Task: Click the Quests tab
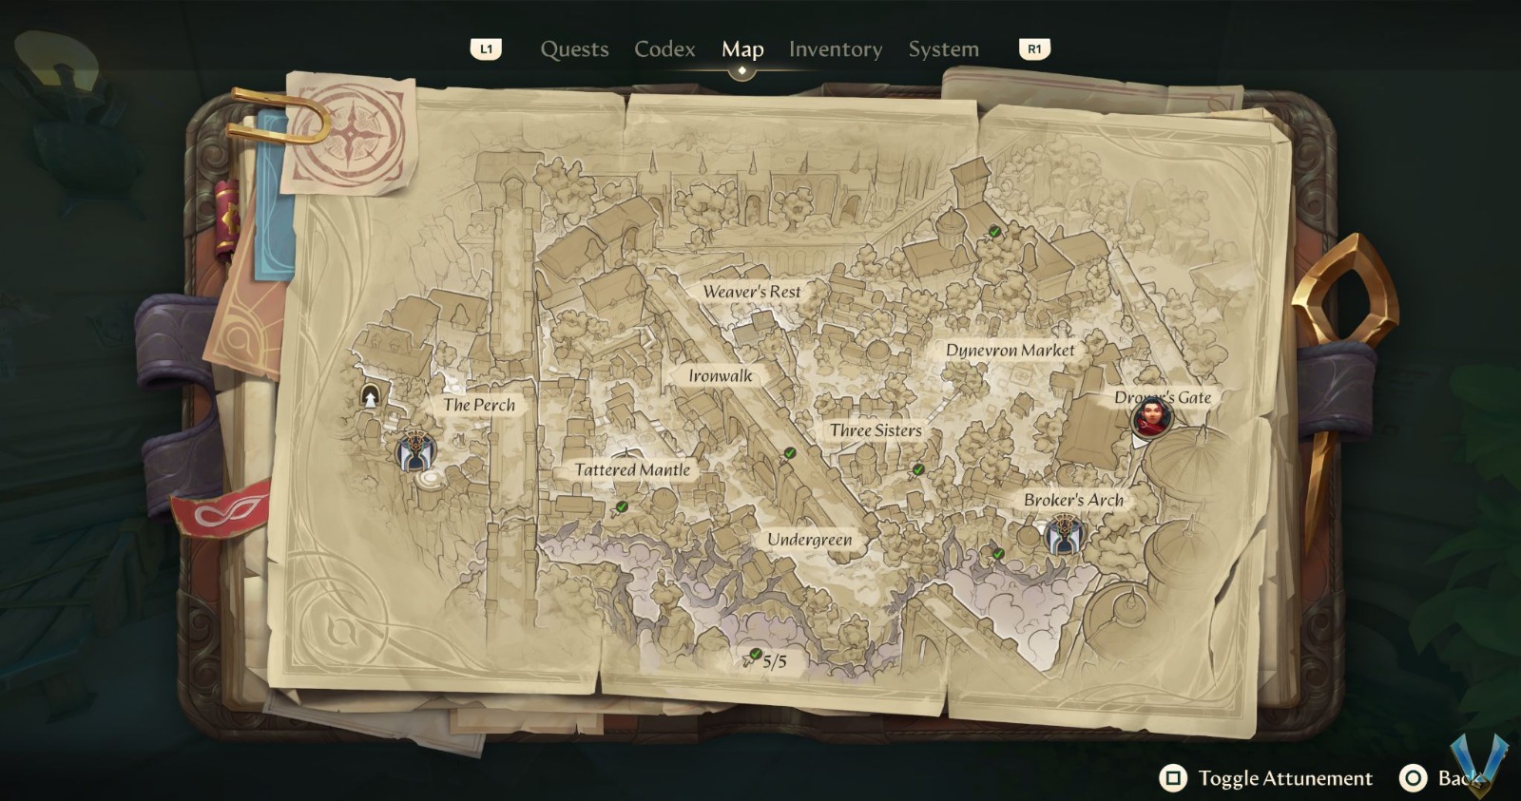(574, 49)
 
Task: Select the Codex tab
(664, 49)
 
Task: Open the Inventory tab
(835, 49)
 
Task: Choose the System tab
(943, 49)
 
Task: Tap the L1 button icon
(486, 48)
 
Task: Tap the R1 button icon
(1034, 48)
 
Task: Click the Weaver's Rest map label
(751, 292)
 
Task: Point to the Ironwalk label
(720, 375)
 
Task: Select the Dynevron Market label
(1010, 350)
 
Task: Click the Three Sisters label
(875, 430)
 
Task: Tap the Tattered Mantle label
(632, 469)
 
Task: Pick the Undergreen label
(809, 540)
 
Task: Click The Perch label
(478, 405)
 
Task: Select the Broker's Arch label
(1073, 500)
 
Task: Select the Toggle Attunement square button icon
(1173, 778)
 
